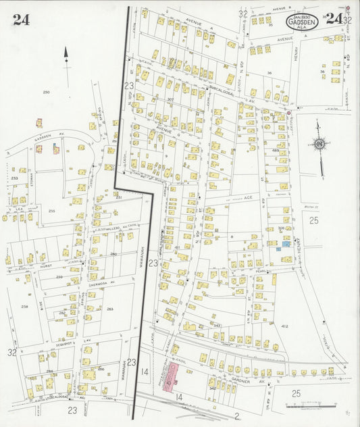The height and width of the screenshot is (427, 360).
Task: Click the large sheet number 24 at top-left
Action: click(x=20, y=19)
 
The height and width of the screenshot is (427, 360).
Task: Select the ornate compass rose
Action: click(x=317, y=144)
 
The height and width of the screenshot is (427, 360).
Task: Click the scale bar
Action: click(x=310, y=405)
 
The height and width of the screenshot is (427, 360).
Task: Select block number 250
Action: click(x=46, y=92)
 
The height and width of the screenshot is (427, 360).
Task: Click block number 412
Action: click(x=284, y=326)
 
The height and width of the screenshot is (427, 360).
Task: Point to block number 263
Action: click(x=109, y=309)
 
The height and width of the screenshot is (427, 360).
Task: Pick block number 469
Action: click(x=275, y=150)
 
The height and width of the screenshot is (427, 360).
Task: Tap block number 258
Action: click(x=24, y=306)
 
